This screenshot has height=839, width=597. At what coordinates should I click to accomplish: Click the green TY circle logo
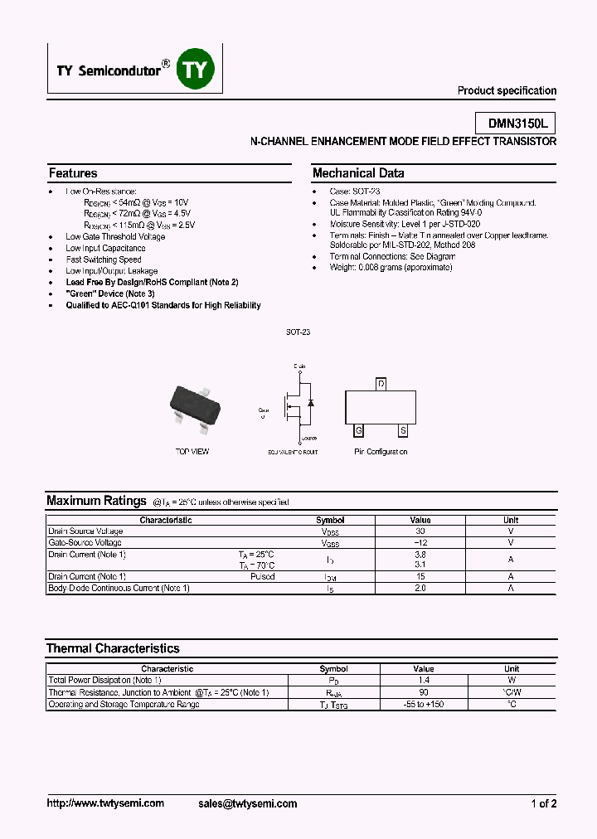tap(196, 70)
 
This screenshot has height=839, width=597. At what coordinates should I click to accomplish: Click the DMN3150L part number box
tap(517, 124)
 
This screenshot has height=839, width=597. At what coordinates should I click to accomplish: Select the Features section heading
tap(73, 173)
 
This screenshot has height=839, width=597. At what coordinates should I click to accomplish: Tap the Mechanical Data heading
tap(358, 173)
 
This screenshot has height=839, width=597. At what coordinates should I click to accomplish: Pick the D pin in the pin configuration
tap(381, 384)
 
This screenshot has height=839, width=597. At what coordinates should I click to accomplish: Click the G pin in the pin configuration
tap(359, 431)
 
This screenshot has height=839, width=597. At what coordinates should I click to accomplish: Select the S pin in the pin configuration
tap(403, 431)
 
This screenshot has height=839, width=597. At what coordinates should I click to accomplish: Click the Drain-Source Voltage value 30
tap(420, 531)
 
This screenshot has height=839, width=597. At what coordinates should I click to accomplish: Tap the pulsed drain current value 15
tap(420, 576)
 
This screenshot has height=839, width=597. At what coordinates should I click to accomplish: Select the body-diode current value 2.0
tap(420, 588)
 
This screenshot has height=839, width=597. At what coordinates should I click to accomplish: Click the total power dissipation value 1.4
tap(423, 680)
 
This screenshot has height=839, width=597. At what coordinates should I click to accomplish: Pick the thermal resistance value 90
tap(423, 691)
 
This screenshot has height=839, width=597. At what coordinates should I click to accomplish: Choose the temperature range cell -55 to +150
tap(423, 704)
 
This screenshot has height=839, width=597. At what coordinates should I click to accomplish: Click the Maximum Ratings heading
tap(96, 501)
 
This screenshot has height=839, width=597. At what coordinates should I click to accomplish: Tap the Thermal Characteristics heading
tap(113, 648)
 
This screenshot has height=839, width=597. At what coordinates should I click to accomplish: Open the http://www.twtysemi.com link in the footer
tap(105, 803)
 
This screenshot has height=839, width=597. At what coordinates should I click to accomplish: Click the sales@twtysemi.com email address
tap(248, 803)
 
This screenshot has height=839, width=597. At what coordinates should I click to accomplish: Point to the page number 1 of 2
tap(543, 803)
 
